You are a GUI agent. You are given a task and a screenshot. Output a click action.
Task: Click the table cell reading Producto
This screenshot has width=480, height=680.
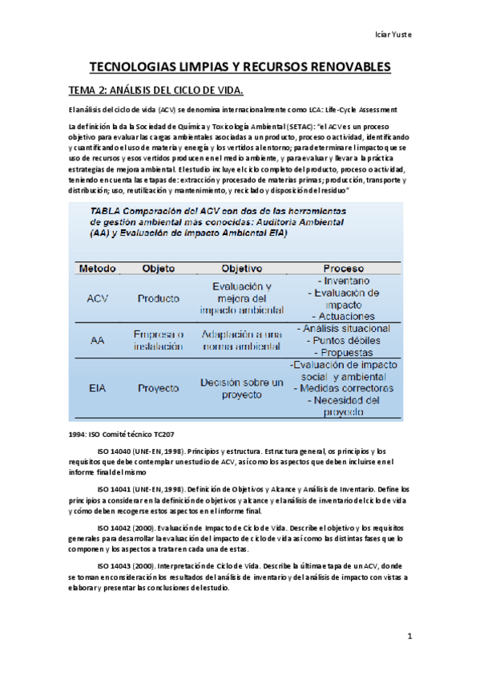tap(159, 298)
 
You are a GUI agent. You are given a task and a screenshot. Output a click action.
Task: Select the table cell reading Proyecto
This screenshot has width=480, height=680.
tap(158, 388)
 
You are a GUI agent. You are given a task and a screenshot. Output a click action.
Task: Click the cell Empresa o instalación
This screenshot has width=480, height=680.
tap(159, 340)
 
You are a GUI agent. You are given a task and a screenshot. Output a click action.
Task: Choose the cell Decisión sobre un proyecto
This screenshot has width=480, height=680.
tap(241, 389)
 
